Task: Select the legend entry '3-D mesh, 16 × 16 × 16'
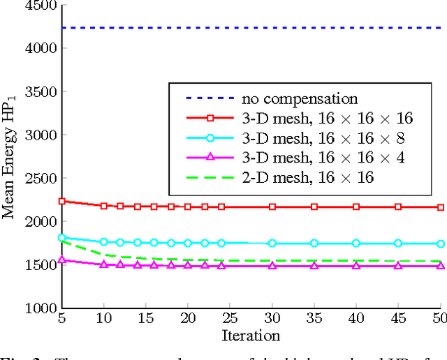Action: pyautogui.click(x=327, y=119)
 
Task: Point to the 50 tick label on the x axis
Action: pyautogui.click(x=439, y=318)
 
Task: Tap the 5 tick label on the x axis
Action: pyautogui.click(x=62, y=318)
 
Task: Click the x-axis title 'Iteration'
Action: pyautogui.click(x=251, y=336)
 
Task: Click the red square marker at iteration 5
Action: pyautogui.click(x=62, y=201)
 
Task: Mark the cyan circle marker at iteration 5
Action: pyautogui.click(x=62, y=238)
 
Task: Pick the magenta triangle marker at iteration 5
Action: pyautogui.click(x=62, y=260)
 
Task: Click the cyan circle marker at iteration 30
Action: pyautogui.click(x=272, y=243)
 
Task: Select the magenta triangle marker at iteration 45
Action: pyautogui.click(x=398, y=266)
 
